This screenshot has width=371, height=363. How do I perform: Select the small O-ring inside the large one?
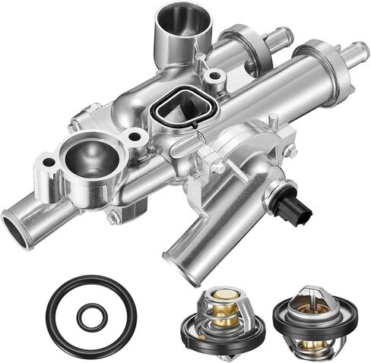pos(90,316)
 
